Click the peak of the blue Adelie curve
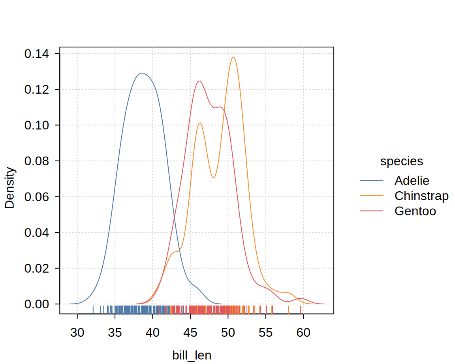pos(141,73)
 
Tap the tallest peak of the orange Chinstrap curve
pos(233,57)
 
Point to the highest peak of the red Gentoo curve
pos(199,81)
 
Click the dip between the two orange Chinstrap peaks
pos(213,177)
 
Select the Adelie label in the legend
pos(412,181)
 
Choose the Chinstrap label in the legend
pos(421,196)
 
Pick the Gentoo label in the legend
pos(415,211)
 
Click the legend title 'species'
pos(401,161)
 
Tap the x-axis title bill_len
pos(192,355)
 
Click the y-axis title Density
pos(9,188)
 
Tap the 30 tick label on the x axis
pos(77,332)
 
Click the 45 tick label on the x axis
pos(190,332)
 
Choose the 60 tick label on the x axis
pos(303,332)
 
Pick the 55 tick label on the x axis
pos(266,332)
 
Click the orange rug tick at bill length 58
pos(288,309)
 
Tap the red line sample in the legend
pos(372,211)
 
